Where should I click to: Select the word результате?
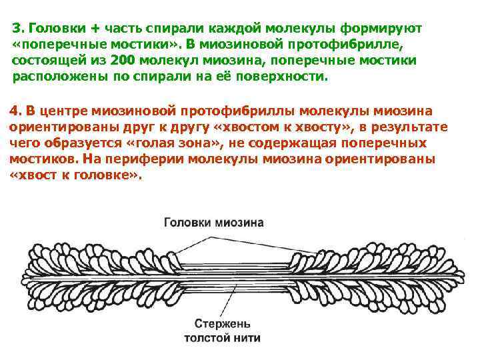[x=409, y=127]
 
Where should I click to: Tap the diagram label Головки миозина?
[x=213, y=223]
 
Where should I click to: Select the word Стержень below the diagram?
[x=223, y=325]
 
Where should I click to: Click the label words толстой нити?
[x=223, y=338]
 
